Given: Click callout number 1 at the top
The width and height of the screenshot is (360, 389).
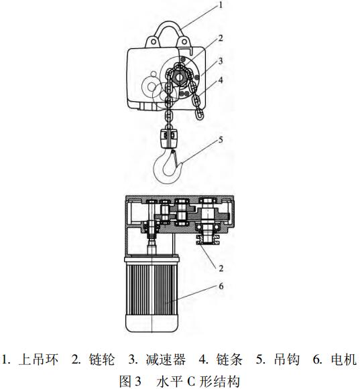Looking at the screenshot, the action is point(221,5).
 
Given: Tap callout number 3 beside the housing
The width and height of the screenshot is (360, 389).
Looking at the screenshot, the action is point(221,61).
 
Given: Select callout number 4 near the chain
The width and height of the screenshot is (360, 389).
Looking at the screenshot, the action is point(221,80).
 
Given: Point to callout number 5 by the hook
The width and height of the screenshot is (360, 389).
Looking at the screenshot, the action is point(221,140).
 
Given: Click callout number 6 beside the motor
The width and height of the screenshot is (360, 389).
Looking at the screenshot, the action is point(221,286).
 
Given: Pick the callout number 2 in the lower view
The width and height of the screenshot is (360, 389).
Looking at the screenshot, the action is point(221,268).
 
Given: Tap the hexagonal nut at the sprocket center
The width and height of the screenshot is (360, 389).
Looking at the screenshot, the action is point(178,77).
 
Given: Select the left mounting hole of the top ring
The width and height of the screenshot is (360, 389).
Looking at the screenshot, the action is point(154,42).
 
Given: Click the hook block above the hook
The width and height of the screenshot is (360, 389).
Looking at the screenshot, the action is point(169,139).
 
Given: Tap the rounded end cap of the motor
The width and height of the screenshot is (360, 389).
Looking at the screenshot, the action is point(152,324).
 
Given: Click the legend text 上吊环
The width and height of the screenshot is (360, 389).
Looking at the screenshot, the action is point(38,360).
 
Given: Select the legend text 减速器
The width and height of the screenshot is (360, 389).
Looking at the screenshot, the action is point(166,360).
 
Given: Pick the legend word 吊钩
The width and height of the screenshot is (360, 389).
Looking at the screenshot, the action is point(286,360).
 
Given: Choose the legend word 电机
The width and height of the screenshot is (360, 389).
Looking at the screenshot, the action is point(344,360).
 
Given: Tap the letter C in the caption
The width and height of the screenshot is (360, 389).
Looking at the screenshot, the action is point(191,382).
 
